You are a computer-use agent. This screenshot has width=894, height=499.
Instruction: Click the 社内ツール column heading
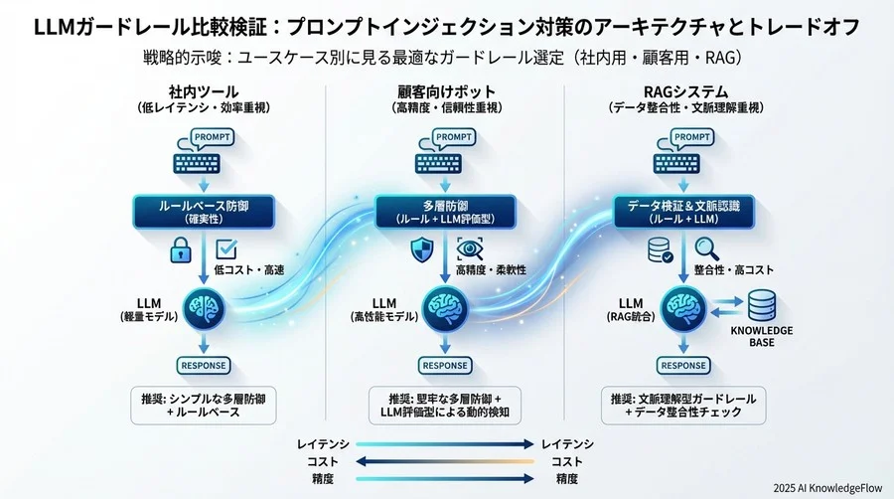coord(205,92)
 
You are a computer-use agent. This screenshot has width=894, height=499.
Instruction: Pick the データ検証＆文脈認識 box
coord(684,212)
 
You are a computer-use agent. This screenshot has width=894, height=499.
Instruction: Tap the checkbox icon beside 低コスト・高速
coord(225,248)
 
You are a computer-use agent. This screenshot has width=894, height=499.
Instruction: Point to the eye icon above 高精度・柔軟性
coord(468,249)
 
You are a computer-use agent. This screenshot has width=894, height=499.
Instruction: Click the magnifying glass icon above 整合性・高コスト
coord(706,248)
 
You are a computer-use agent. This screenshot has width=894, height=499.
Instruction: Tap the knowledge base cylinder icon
coord(762,304)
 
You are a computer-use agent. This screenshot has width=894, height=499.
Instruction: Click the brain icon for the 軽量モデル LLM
coord(204,306)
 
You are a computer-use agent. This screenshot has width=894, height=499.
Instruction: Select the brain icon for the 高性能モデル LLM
coord(443,306)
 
